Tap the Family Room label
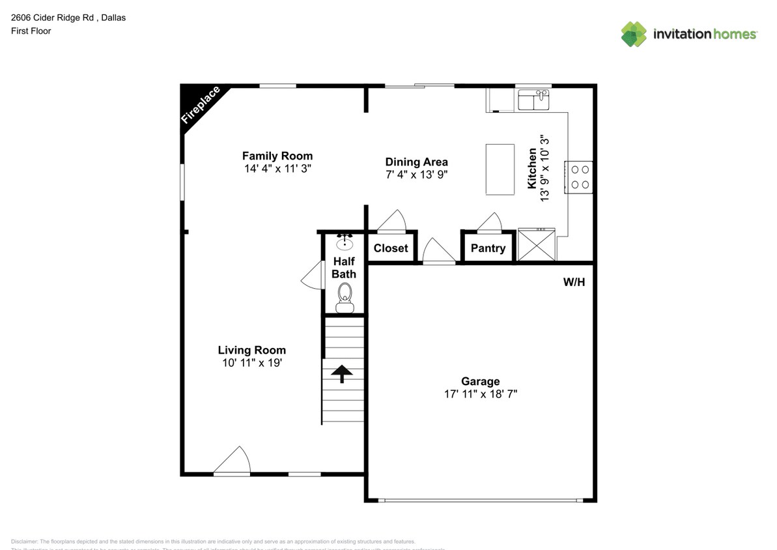(277, 156)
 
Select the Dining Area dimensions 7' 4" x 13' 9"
(416, 175)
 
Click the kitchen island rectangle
(500, 169)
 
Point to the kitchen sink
(534, 100)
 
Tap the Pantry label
(488, 248)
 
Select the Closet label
(391, 248)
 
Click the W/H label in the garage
(574, 282)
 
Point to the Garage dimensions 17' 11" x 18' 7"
(481, 394)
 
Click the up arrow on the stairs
(343, 373)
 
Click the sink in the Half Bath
(345, 243)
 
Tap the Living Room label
(251, 350)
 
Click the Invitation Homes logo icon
(634, 34)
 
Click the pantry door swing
(490, 222)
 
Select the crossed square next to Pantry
(537, 245)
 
